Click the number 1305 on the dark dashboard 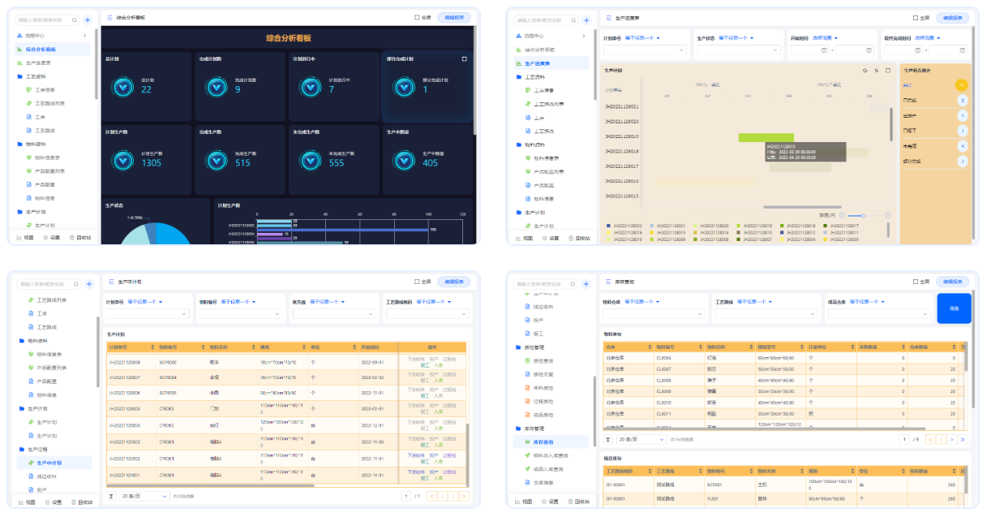[152, 163]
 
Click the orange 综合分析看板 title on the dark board [288, 38]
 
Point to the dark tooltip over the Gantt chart [805, 152]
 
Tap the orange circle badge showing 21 [962, 85]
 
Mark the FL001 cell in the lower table [713, 499]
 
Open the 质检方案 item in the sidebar [544, 374]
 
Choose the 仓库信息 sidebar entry [544, 482]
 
